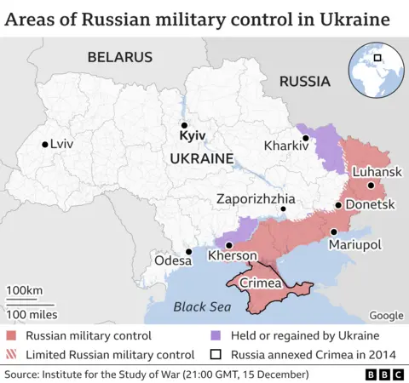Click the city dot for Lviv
point(44,145)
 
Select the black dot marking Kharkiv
point(304,138)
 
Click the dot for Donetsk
point(338,205)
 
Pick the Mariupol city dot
point(334,231)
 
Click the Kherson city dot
point(228,245)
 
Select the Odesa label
point(172,260)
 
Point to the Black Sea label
point(201,307)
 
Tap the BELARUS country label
point(119,57)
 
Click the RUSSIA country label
point(304,82)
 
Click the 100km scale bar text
point(25,291)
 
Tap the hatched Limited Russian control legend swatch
point(11,355)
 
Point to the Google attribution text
point(386,315)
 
